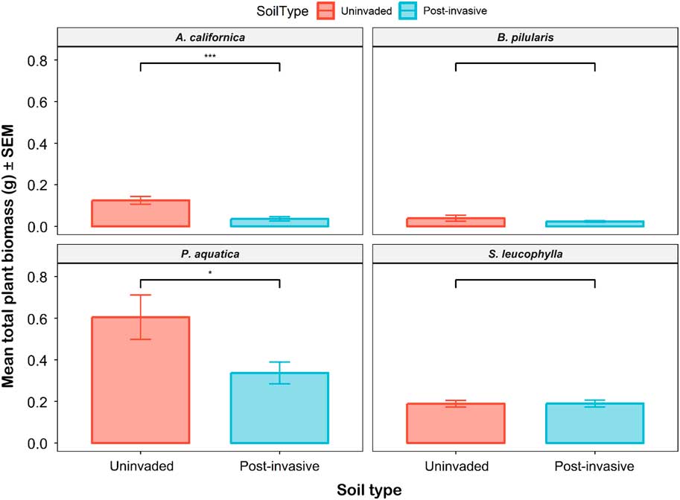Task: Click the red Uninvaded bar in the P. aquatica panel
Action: [140, 380]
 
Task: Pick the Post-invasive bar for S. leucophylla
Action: [594, 423]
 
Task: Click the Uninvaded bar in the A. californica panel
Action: [140, 214]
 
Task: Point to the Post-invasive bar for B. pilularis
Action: [594, 223]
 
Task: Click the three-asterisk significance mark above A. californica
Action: [209, 57]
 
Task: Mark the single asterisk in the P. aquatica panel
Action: [209, 273]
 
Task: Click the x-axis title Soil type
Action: [367, 490]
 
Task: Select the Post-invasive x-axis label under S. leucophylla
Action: [594, 467]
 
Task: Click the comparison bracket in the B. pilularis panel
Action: [525, 64]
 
